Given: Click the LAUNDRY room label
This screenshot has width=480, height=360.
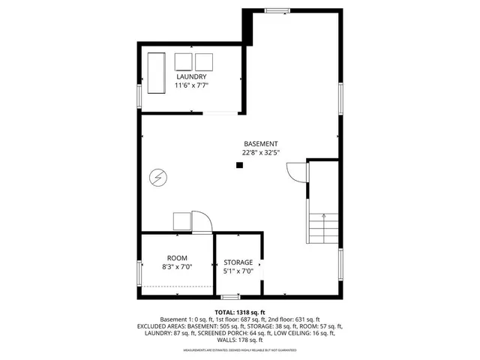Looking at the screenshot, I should click(191, 77).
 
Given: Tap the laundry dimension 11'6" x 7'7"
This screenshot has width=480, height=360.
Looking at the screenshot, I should click(191, 85).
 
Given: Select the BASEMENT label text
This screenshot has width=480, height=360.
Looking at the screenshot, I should click(260, 144).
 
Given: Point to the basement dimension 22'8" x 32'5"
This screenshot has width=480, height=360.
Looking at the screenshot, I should click(260, 152).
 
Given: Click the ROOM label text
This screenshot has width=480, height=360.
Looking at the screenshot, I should click(177, 256).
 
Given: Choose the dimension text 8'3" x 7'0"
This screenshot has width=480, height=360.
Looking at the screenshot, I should click(177, 265).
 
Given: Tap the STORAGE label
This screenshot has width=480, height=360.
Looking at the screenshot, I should click(238, 262).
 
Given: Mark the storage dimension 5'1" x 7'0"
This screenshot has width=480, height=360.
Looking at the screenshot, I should click(238, 271).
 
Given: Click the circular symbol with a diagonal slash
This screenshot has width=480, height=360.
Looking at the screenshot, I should click(159, 178).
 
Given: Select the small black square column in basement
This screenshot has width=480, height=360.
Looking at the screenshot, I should click(240, 166).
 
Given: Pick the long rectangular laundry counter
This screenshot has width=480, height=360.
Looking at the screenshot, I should click(157, 73).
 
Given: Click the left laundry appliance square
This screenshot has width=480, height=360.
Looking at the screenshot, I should click(183, 61).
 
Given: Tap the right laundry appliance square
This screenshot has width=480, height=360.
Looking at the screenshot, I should click(204, 61).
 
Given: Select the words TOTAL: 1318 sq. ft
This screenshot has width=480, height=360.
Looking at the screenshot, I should click(240, 311).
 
